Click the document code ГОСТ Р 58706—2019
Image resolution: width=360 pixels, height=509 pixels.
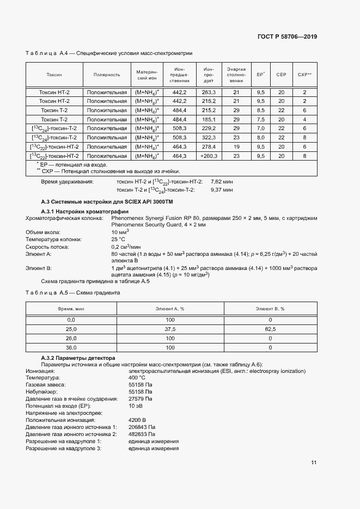click(x=286, y=36)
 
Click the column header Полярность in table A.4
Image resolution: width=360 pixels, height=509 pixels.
click(x=107, y=75)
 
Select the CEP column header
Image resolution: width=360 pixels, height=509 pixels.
click(x=282, y=75)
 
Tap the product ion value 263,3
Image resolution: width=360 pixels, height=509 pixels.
click(x=209, y=93)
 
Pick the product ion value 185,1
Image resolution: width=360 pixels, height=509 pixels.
click(x=209, y=119)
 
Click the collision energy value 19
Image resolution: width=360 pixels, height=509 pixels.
click(x=236, y=147)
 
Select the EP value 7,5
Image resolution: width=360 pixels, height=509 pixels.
click(x=261, y=119)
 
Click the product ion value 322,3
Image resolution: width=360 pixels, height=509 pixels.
click(x=209, y=138)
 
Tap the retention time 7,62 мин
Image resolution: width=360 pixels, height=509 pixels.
click(x=222, y=181)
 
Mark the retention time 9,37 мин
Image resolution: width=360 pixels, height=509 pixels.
click(x=222, y=190)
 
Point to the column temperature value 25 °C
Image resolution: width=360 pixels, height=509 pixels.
click(x=119, y=240)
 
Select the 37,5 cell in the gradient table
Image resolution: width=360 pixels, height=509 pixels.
click(x=170, y=329)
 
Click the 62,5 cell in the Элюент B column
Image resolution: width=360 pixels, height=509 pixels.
click(x=270, y=329)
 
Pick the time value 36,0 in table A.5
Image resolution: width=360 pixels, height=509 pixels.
click(x=71, y=347)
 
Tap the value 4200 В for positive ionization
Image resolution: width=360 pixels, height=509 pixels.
click(x=137, y=420)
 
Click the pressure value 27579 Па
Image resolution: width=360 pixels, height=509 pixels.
click(x=141, y=398)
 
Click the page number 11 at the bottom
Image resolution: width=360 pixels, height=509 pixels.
click(x=314, y=463)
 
